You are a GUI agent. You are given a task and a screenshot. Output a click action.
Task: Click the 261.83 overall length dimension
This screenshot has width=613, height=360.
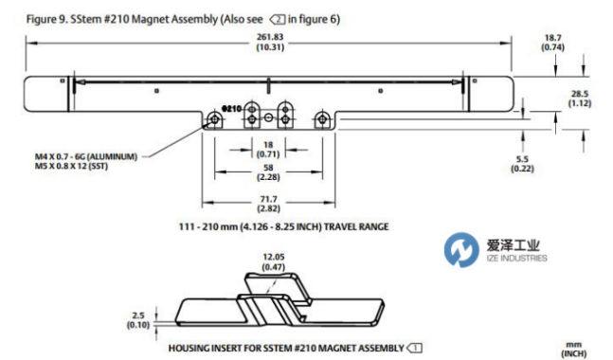click(270, 42)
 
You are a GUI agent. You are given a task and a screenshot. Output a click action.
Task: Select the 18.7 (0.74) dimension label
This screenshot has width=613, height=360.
click(552, 43)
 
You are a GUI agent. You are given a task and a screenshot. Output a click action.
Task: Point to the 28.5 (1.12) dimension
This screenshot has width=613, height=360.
click(580, 99)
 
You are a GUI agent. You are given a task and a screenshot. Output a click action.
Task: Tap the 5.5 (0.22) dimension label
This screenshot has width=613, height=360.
click(522, 164)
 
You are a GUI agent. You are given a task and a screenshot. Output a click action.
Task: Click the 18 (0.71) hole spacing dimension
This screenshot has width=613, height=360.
click(268, 150)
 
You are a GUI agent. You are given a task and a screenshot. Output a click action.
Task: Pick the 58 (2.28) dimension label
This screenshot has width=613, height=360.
click(268, 172)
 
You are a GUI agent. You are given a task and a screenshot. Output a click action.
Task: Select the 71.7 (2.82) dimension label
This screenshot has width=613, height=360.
click(268, 204)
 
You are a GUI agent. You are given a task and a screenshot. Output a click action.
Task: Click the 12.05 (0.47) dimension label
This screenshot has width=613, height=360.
click(274, 261)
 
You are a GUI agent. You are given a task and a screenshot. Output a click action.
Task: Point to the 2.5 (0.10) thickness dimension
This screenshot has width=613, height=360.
click(138, 320)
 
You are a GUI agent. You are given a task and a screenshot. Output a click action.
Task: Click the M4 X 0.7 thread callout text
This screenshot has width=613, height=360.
click(86, 156)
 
